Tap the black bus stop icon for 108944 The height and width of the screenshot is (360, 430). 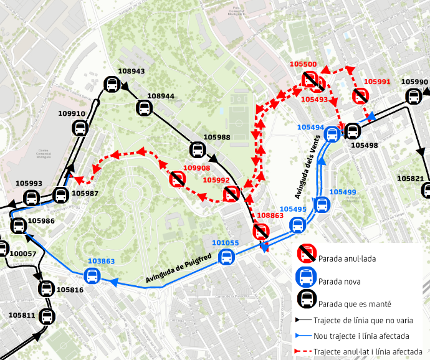(144, 108)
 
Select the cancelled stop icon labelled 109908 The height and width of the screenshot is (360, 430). (178, 179)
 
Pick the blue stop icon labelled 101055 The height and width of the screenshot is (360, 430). (227, 256)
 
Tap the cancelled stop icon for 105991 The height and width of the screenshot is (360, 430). (360, 96)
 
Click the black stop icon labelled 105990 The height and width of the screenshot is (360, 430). (413, 96)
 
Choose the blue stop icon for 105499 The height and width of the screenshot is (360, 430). (322, 204)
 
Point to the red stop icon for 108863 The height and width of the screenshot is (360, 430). (262, 231)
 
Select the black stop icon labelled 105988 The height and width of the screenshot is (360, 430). (198, 149)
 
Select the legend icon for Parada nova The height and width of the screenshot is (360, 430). (307, 279)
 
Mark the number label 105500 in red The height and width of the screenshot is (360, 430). (303, 64)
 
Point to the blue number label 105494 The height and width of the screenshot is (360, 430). (310, 127)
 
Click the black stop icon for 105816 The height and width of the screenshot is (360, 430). (47, 288)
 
